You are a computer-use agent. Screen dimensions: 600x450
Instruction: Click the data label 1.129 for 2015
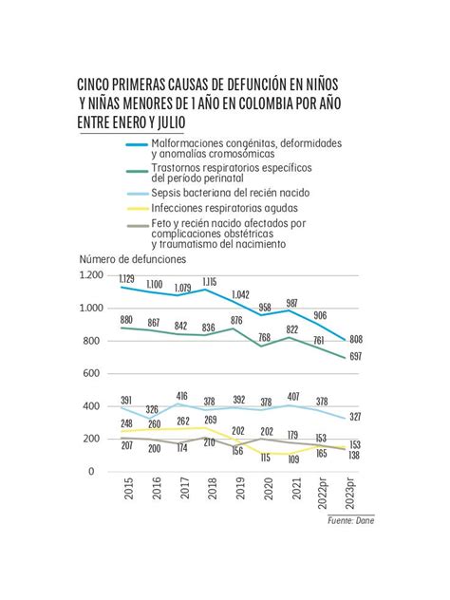tap(127, 278)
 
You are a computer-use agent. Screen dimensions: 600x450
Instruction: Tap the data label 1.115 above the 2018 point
tap(210, 281)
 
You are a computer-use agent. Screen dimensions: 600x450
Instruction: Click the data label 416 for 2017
tap(182, 396)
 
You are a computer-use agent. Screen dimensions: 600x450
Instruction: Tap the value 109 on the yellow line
tap(293, 459)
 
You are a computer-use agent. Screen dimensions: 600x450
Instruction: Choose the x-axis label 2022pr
tap(321, 497)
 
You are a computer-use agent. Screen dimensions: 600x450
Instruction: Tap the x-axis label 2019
tap(237, 492)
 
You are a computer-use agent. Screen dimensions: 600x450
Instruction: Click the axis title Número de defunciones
tap(133, 258)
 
